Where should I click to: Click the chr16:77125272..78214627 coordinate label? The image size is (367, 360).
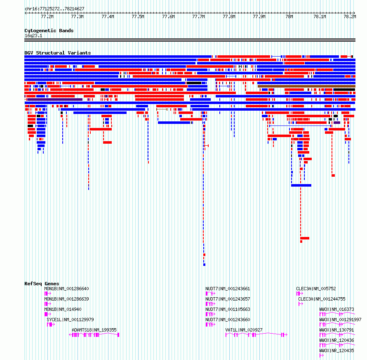tap(54, 9)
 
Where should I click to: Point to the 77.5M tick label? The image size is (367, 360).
tap(138, 17)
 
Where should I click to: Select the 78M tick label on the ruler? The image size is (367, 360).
tap(289, 17)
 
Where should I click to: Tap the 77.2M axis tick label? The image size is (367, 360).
tap(47, 17)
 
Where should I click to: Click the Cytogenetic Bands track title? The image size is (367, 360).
tap(49, 31)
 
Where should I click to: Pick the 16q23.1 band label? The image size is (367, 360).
tap(33, 36)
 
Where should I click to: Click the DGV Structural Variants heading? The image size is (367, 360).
tap(58, 53)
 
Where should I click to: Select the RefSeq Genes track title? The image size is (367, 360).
tap(42, 284)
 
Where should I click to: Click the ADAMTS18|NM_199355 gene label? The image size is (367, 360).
tap(94, 330)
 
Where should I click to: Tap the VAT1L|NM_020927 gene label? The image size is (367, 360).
tap(244, 330)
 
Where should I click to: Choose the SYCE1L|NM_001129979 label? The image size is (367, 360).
tap(70, 320)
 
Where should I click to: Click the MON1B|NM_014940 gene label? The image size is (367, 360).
tap(63, 309)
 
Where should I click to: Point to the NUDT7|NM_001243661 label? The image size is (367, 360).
tap(228, 289)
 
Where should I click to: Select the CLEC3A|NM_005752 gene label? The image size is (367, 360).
tap(316, 289)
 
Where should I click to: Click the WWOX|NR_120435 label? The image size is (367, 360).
tap(337, 351)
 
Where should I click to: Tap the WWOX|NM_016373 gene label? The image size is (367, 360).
tap(337, 309)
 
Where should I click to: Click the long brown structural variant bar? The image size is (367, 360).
tap(307, 86)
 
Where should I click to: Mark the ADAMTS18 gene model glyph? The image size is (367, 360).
tap(94, 335)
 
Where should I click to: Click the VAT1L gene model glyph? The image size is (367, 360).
tap(256, 335)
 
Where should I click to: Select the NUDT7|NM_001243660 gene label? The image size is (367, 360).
tap(228, 320)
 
